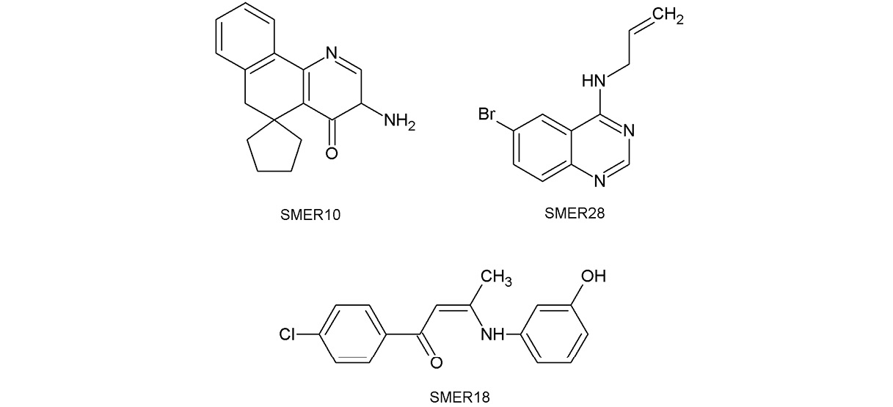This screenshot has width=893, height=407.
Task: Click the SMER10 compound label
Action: pyautogui.click(x=310, y=215)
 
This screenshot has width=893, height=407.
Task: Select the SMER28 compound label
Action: pyautogui.click(x=575, y=213)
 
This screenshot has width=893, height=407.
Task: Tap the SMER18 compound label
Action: pyautogui.click(x=459, y=397)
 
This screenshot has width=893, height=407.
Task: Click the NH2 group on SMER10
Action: pyautogui.click(x=399, y=121)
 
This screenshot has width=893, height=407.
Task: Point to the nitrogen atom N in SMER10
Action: pyautogui.click(x=331, y=53)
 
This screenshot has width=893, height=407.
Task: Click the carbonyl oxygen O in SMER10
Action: pyautogui.click(x=332, y=153)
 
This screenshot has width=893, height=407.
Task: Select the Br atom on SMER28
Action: pyautogui.click(x=486, y=114)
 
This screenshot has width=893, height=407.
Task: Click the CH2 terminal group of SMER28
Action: pyautogui.click(x=668, y=16)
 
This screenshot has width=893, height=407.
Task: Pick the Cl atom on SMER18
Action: pyautogui.click(x=287, y=334)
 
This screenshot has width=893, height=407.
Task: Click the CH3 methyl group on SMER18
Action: pyautogui.click(x=496, y=277)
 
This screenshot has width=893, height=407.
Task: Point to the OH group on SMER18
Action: pyautogui.click(x=594, y=276)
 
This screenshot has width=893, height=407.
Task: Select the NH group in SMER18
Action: pyautogui.click(x=493, y=334)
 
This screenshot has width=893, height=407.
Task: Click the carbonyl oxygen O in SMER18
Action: pyautogui.click(x=437, y=362)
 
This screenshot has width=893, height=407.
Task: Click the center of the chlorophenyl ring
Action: pyautogui.click(x=352, y=334)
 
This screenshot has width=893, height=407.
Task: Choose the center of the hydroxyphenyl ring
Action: pyautogui.click(x=555, y=334)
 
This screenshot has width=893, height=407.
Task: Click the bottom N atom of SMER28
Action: pyautogui.click(x=599, y=181)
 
